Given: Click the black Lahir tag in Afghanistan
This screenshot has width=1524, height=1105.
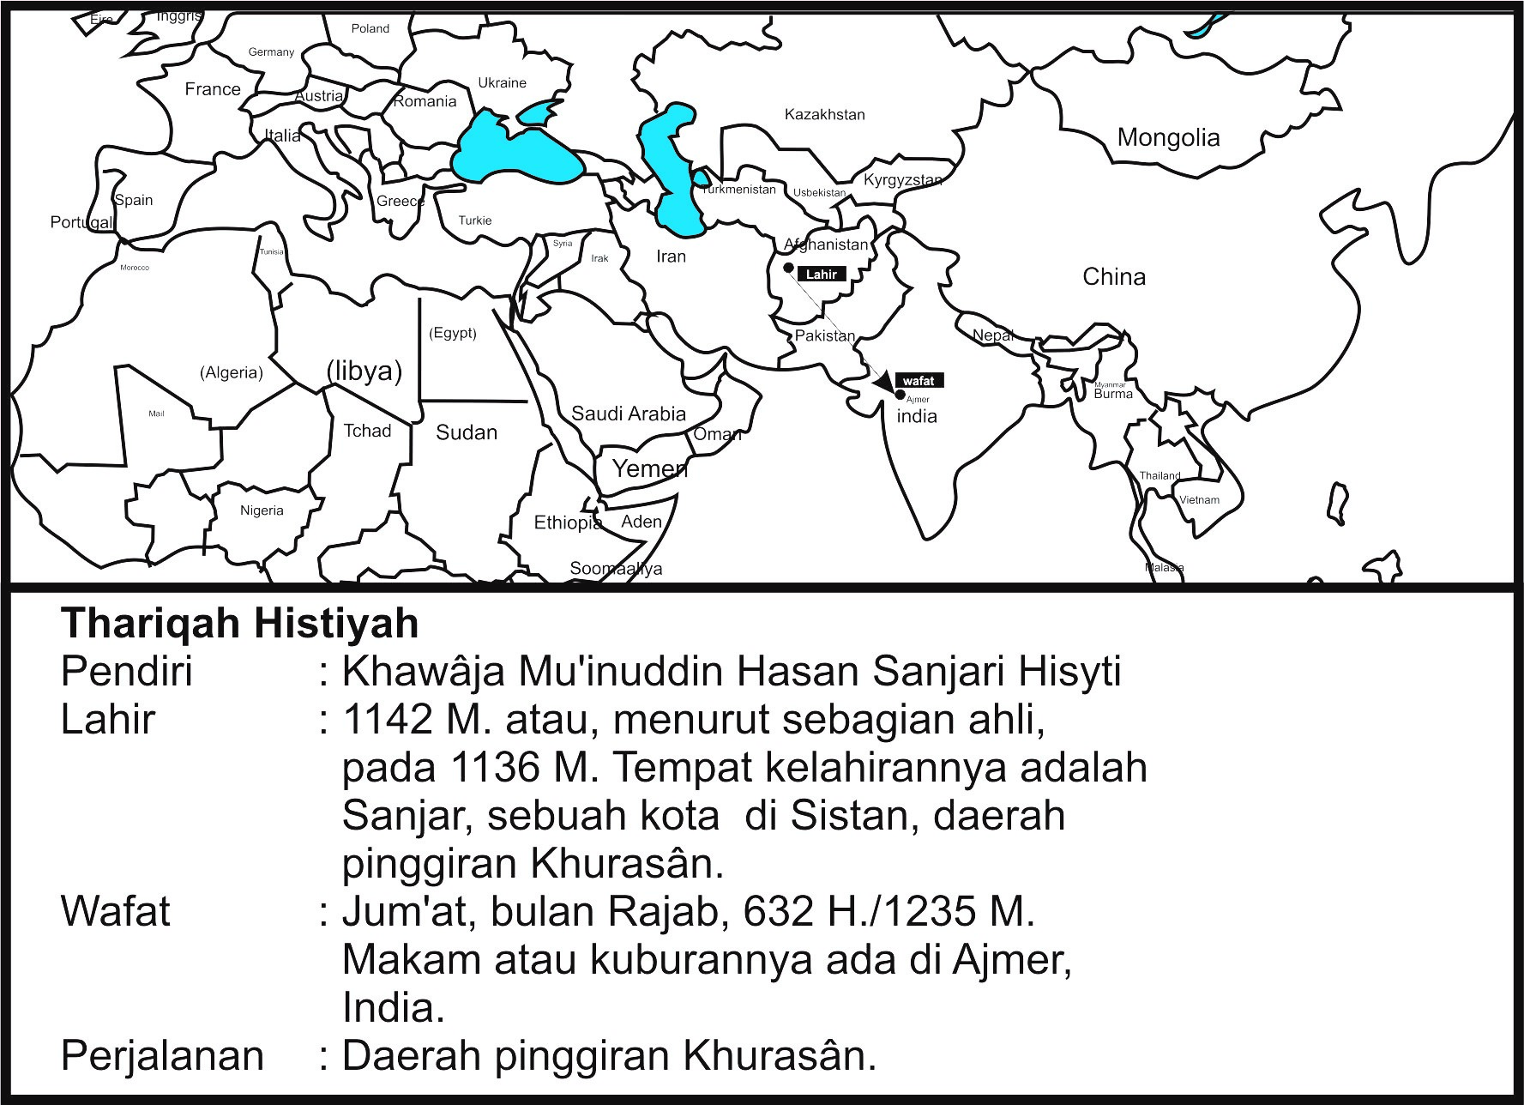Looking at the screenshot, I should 822,275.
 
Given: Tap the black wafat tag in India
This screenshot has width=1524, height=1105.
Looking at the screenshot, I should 919,381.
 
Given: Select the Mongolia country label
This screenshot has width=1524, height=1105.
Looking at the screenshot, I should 1168,137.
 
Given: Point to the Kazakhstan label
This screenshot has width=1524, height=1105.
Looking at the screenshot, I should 824,114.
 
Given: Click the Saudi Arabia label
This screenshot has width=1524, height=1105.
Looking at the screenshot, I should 629,414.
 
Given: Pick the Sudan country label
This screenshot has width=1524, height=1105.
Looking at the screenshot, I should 467,432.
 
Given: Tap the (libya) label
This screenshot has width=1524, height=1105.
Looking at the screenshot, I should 364,371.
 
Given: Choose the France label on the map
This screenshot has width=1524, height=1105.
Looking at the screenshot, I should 213,89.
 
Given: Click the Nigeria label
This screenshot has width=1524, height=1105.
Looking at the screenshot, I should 262,510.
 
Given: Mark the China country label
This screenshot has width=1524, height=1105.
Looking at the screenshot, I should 1114,276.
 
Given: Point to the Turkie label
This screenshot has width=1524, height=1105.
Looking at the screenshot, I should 475,220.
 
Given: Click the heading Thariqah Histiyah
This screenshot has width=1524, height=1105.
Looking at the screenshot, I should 240,623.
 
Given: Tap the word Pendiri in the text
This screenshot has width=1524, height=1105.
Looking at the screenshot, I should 127,671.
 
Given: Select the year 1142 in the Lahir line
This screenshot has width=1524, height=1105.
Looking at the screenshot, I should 387,719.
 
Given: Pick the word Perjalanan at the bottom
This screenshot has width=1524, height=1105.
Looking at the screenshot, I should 162,1055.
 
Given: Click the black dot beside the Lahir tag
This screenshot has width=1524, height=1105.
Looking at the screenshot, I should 788,268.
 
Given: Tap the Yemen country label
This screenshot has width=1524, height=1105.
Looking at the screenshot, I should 649,468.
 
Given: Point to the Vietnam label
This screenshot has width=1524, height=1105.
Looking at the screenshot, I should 1199,499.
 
